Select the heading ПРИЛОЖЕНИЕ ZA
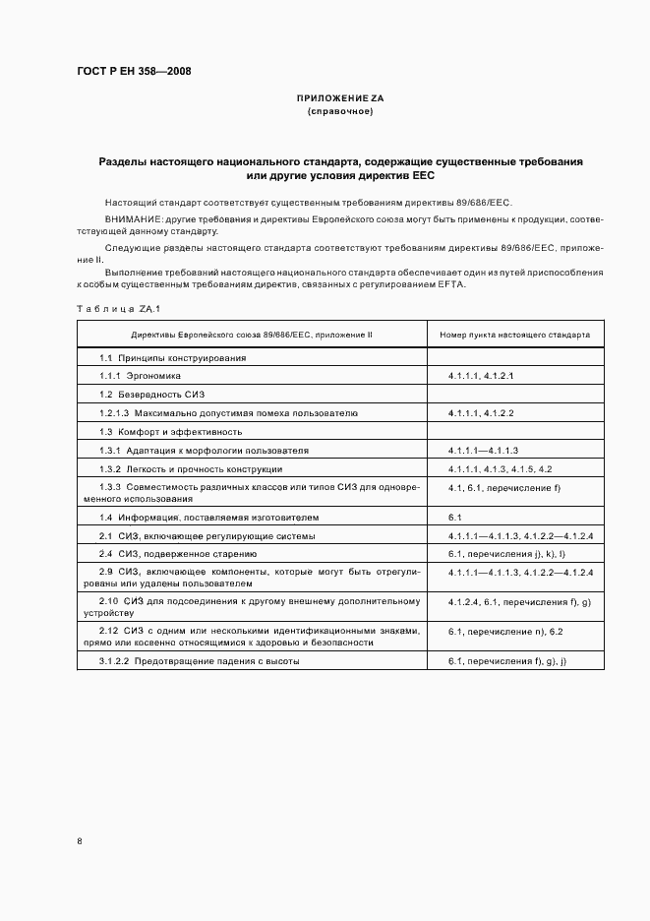[x=340, y=99]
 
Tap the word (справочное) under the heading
[x=340, y=111]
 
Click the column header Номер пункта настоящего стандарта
[x=514, y=335]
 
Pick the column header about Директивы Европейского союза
[x=253, y=335]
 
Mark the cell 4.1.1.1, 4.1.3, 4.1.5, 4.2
[x=500, y=468]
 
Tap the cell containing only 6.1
[x=454, y=517]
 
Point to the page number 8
[x=80, y=841]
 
